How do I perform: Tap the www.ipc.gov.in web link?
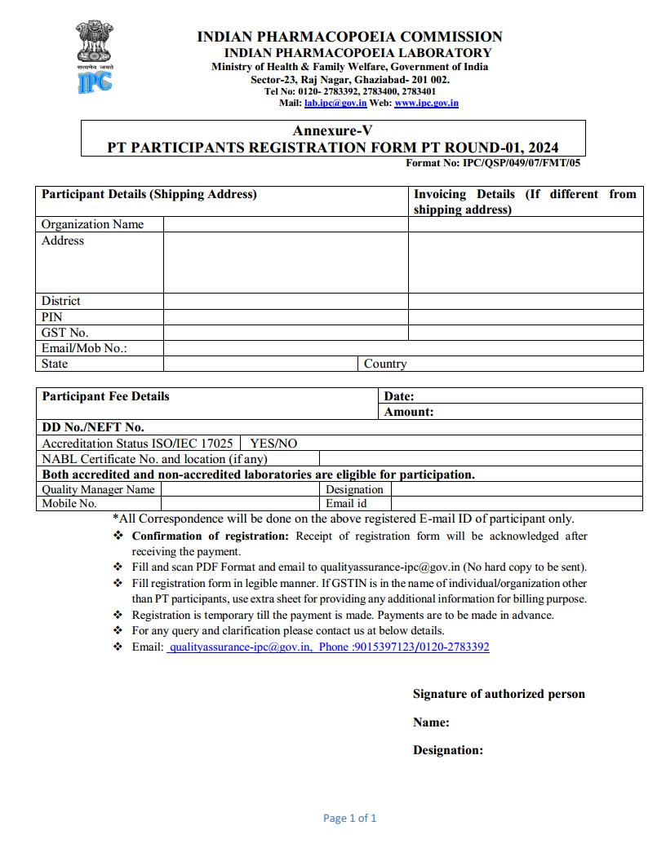pos(426,104)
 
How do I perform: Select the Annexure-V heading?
pos(332,130)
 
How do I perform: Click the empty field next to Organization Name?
pos(286,224)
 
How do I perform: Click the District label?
pos(61,301)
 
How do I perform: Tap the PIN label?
pos(52,316)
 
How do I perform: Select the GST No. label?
pos(65,333)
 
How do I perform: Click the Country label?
pos(385,364)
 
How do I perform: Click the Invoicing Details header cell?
pos(524,201)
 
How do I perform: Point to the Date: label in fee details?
pos(399,396)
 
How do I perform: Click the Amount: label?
pos(409,412)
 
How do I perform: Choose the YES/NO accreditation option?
pos(273,444)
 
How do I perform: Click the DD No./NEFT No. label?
pos(93,427)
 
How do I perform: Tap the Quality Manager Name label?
pos(98,489)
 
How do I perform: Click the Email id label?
pos(346,503)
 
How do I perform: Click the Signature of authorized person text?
pos(499,694)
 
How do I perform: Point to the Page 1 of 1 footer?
pos(350,818)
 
